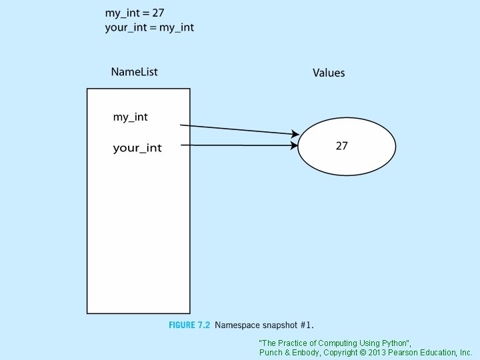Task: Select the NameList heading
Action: (134, 72)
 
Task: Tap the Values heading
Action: (329, 73)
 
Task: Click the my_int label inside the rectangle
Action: (131, 117)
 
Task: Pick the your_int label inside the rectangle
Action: (137, 148)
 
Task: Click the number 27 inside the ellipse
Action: (341, 145)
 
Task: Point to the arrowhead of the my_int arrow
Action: (295, 134)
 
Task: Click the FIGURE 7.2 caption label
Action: (189, 325)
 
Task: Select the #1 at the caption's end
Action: (307, 325)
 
